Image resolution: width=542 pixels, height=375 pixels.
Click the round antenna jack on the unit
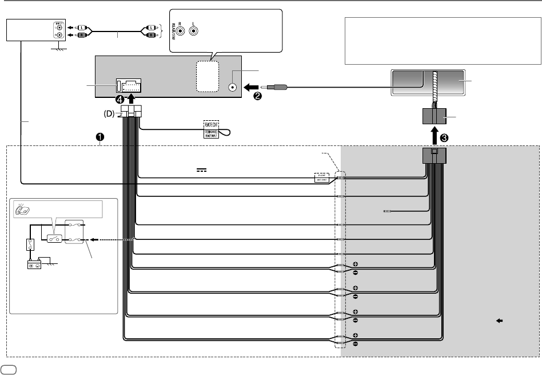pos(233,88)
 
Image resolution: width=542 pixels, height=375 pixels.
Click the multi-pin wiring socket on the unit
pos(129,86)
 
